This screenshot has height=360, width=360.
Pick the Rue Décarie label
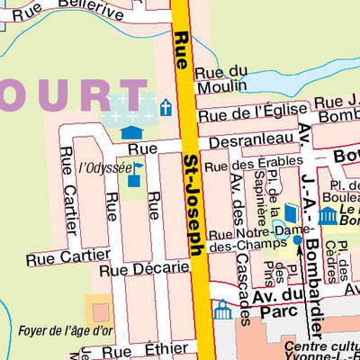(144, 267)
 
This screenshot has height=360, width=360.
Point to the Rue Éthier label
(157, 350)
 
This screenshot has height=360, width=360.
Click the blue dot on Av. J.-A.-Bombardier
(298, 239)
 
